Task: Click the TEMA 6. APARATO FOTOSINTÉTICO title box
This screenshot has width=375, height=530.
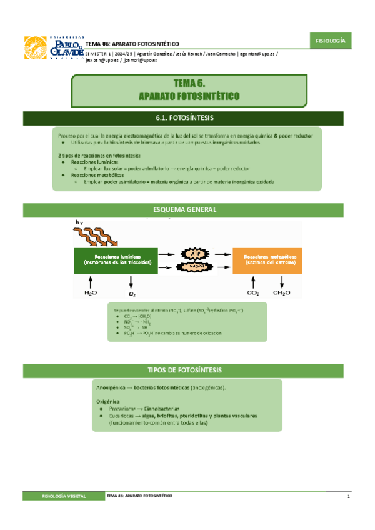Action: [197, 90]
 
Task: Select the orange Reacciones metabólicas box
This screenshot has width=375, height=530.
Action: [270, 260]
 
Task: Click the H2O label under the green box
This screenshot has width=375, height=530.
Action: [91, 292]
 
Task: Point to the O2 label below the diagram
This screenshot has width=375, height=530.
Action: [132, 292]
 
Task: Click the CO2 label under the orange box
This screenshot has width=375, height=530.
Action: [254, 292]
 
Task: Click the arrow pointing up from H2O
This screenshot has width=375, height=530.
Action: [91, 280]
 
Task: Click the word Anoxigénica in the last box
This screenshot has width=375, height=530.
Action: [109, 387]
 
